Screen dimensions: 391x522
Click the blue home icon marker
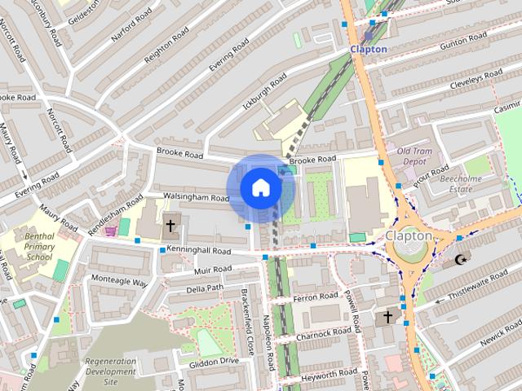(260, 188)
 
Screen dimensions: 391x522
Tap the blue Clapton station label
(368, 49)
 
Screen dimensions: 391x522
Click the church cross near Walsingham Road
(171, 226)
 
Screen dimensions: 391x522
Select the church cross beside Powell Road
(388, 316)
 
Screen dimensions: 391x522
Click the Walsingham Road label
(197, 197)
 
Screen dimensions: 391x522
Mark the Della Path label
(205, 288)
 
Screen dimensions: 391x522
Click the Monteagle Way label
(118, 281)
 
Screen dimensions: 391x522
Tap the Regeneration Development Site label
(110, 371)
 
